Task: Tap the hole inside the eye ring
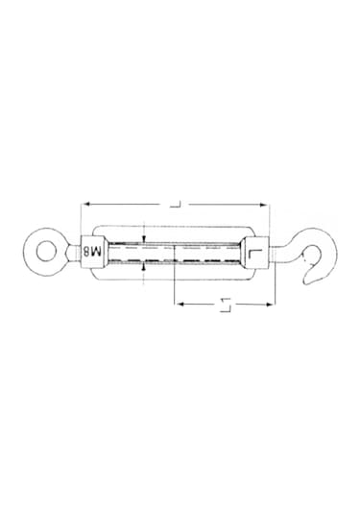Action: (44, 252)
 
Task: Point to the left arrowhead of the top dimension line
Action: (86, 203)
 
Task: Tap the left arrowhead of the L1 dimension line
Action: (178, 306)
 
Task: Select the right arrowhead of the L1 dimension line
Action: (272, 306)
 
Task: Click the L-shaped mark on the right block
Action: (253, 253)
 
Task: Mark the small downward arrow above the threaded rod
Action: (142, 239)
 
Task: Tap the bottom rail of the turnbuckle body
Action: (173, 274)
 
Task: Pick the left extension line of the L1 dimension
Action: (174, 288)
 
